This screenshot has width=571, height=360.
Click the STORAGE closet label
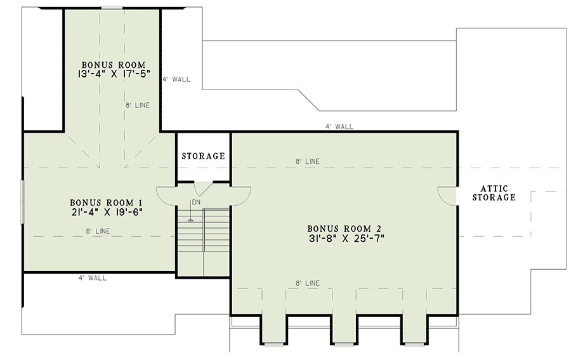203,156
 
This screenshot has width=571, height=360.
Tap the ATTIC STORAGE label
494,193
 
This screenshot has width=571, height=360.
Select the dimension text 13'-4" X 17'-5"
114,74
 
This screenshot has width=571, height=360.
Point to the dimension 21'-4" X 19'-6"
106,211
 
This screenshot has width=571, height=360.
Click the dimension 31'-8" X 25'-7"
346,238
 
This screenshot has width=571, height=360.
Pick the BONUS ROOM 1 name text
106,203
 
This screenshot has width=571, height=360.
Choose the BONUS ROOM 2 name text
344,229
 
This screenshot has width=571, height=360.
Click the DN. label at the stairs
196,203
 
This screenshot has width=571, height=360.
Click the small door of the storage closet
203,188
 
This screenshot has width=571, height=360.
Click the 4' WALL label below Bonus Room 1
93,278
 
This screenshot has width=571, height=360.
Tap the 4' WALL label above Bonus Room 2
339,126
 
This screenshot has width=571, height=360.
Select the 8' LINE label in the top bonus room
138,105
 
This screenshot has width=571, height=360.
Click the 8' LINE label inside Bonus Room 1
98,231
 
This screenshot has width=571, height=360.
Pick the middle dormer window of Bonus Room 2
344,343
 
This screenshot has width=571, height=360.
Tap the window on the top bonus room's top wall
112,7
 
